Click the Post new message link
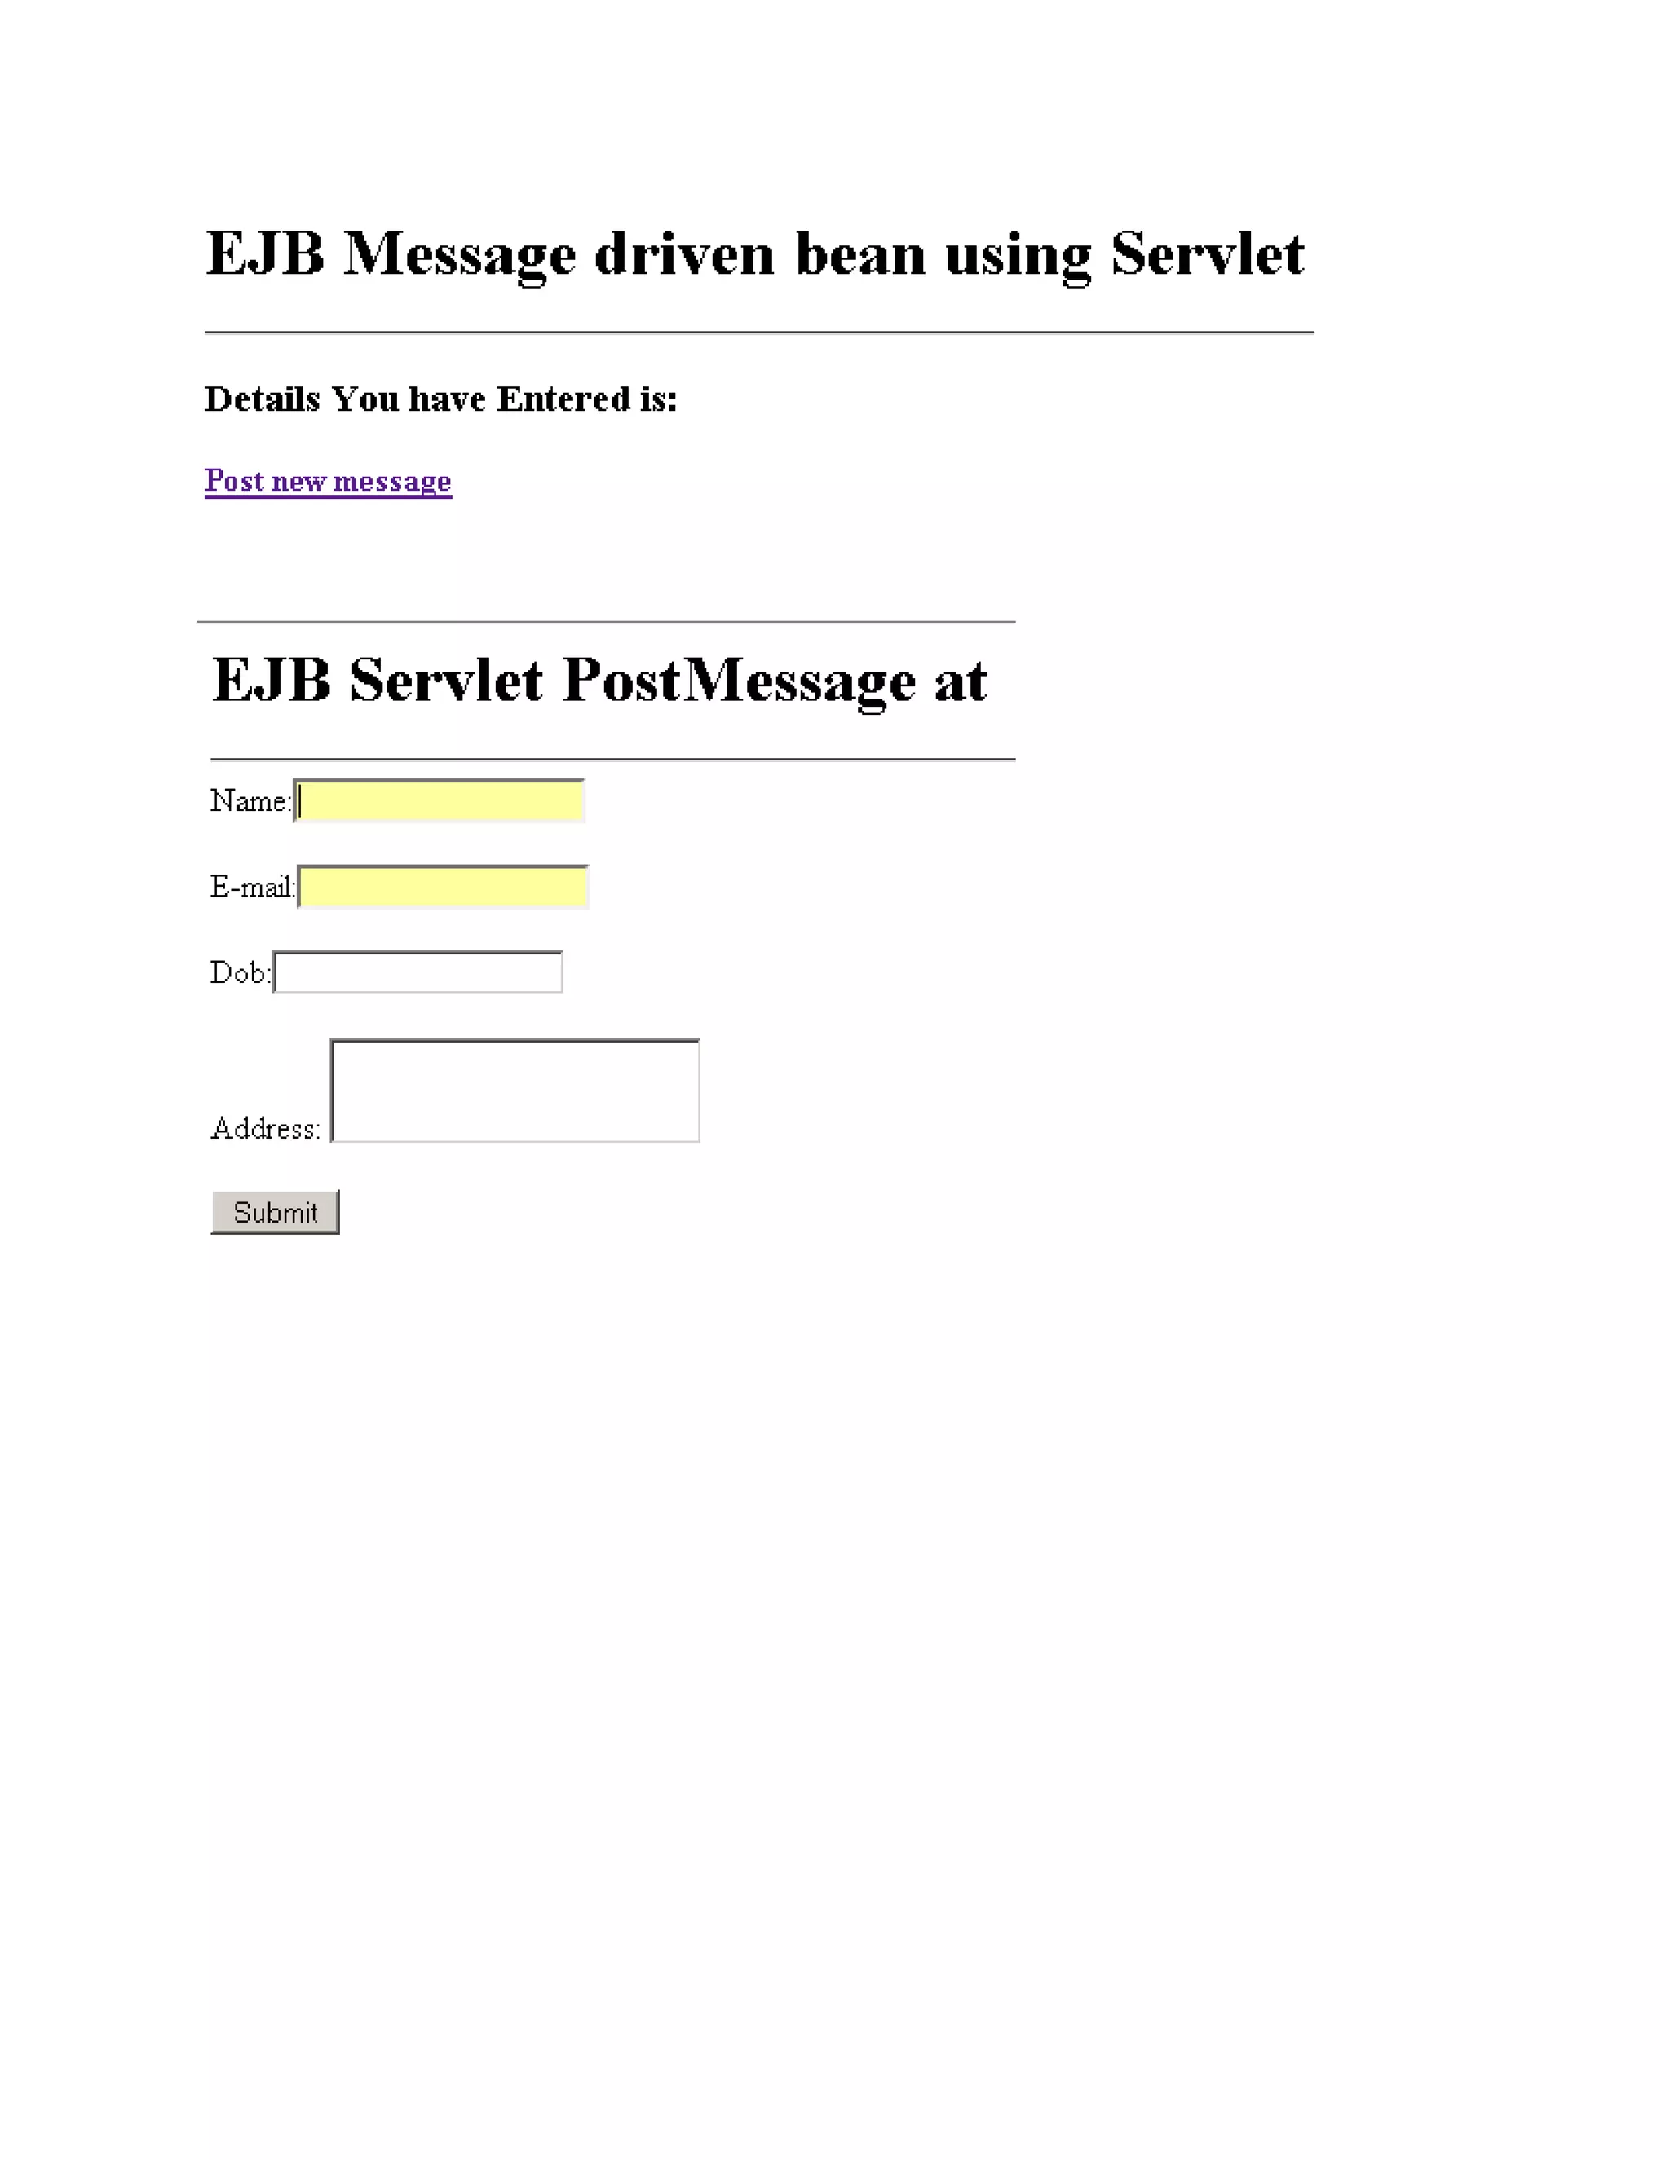click(328, 481)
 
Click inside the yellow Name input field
click(440, 800)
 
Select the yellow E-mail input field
click(444, 886)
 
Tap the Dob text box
click(417, 972)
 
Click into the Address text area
click(515, 1090)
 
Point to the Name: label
click(250, 800)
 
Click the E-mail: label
click(252, 886)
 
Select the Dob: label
click(240, 972)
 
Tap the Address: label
click(265, 1127)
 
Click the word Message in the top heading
click(459, 255)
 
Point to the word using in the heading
click(1018, 255)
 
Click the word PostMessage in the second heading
click(738, 681)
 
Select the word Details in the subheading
click(263, 399)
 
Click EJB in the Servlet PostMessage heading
click(271, 681)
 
